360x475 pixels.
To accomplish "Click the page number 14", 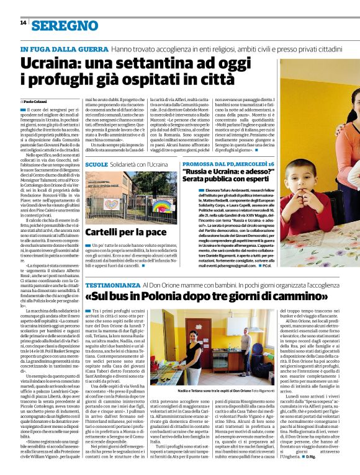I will (x=23, y=22).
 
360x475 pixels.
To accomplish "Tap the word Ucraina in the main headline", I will (x=47, y=63).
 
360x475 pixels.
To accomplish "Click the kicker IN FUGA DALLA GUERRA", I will (x=64, y=48).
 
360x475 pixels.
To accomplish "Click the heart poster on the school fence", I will (x=111, y=205).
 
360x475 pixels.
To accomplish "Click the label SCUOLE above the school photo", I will (x=96, y=164).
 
